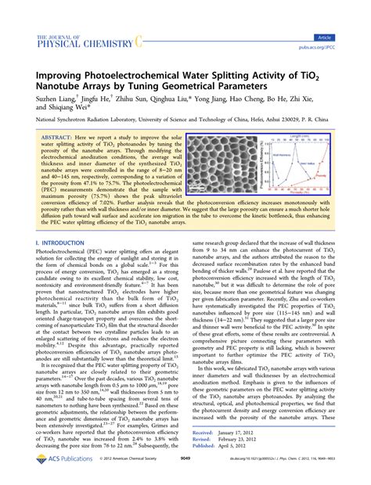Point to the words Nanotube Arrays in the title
click(x=79, y=85)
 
